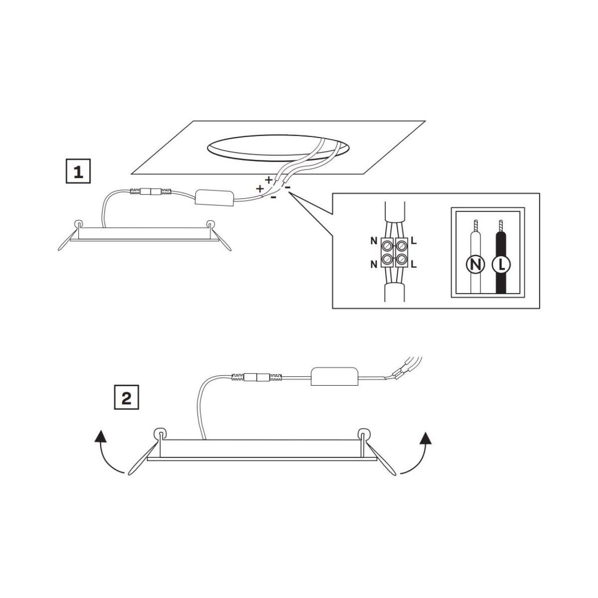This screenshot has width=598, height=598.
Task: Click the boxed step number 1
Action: click(78, 171)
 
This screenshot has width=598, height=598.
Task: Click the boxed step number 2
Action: click(126, 397)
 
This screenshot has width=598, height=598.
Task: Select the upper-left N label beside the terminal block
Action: click(374, 241)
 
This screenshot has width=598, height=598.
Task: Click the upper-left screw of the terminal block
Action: click(387, 246)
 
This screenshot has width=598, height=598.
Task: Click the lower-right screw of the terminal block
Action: click(401, 258)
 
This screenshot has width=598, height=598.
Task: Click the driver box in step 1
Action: click(214, 198)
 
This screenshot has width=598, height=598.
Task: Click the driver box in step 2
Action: click(334, 376)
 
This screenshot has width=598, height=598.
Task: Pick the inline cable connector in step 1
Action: click(150, 191)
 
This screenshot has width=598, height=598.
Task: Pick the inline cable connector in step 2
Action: click(257, 377)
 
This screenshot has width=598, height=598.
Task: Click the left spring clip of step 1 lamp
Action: click(70, 237)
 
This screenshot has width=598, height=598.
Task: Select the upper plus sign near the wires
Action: click(268, 179)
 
